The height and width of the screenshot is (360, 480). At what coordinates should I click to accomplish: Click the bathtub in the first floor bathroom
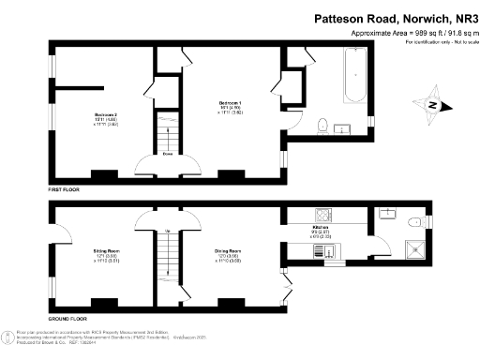355,79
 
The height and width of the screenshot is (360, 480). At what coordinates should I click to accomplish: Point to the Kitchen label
320,229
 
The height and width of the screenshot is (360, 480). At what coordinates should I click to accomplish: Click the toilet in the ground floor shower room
413,221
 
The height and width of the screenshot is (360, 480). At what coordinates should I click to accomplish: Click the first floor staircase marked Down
167,130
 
